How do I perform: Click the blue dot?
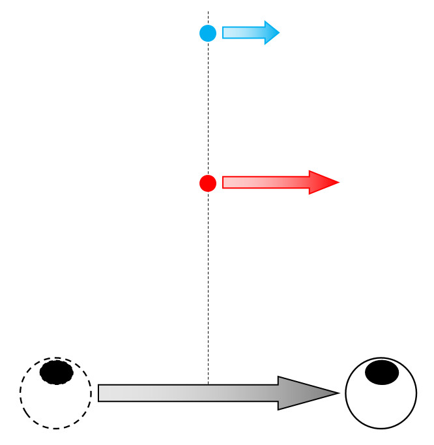(208, 33)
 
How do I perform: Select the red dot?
(208, 183)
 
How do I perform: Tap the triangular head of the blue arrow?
(271, 33)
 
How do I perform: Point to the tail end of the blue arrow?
(224, 33)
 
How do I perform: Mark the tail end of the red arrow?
(225, 183)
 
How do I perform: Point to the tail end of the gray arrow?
(100, 393)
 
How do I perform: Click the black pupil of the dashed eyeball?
(56, 373)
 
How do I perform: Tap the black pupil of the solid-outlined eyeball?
(381, 373)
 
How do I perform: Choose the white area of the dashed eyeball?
(55, 405)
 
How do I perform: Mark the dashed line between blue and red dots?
(208, 108)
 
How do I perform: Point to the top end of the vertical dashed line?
(208, 12)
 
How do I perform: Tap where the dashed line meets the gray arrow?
(208, 385)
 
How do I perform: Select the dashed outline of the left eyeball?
(20, 393)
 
